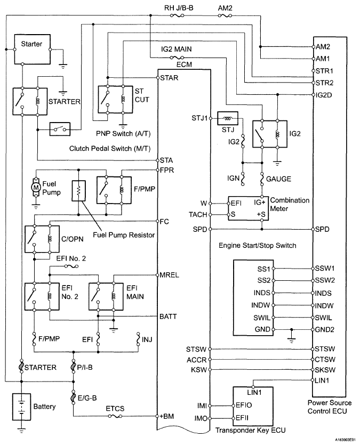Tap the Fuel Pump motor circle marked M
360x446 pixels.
point(36,188)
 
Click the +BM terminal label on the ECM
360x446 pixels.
point(166,416)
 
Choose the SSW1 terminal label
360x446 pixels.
point(325,269)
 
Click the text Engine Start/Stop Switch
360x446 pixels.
point(257,246)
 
